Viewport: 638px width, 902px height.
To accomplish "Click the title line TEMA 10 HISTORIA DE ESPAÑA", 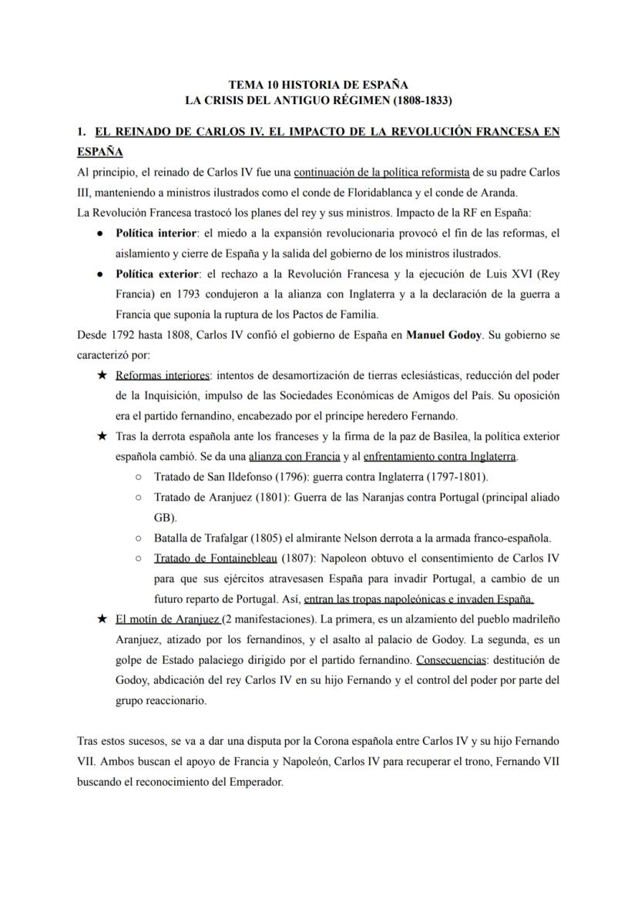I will [318, 86].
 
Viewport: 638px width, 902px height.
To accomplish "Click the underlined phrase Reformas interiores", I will [162, 376].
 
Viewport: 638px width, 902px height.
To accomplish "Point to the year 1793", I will [192, 293].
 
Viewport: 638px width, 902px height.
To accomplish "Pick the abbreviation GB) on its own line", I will [166, 518].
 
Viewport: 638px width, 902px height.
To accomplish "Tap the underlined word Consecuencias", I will [451, 659].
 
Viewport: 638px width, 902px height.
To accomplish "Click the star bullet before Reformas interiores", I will [102, 376].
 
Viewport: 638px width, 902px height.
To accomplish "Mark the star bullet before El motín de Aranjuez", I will [102, 619].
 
